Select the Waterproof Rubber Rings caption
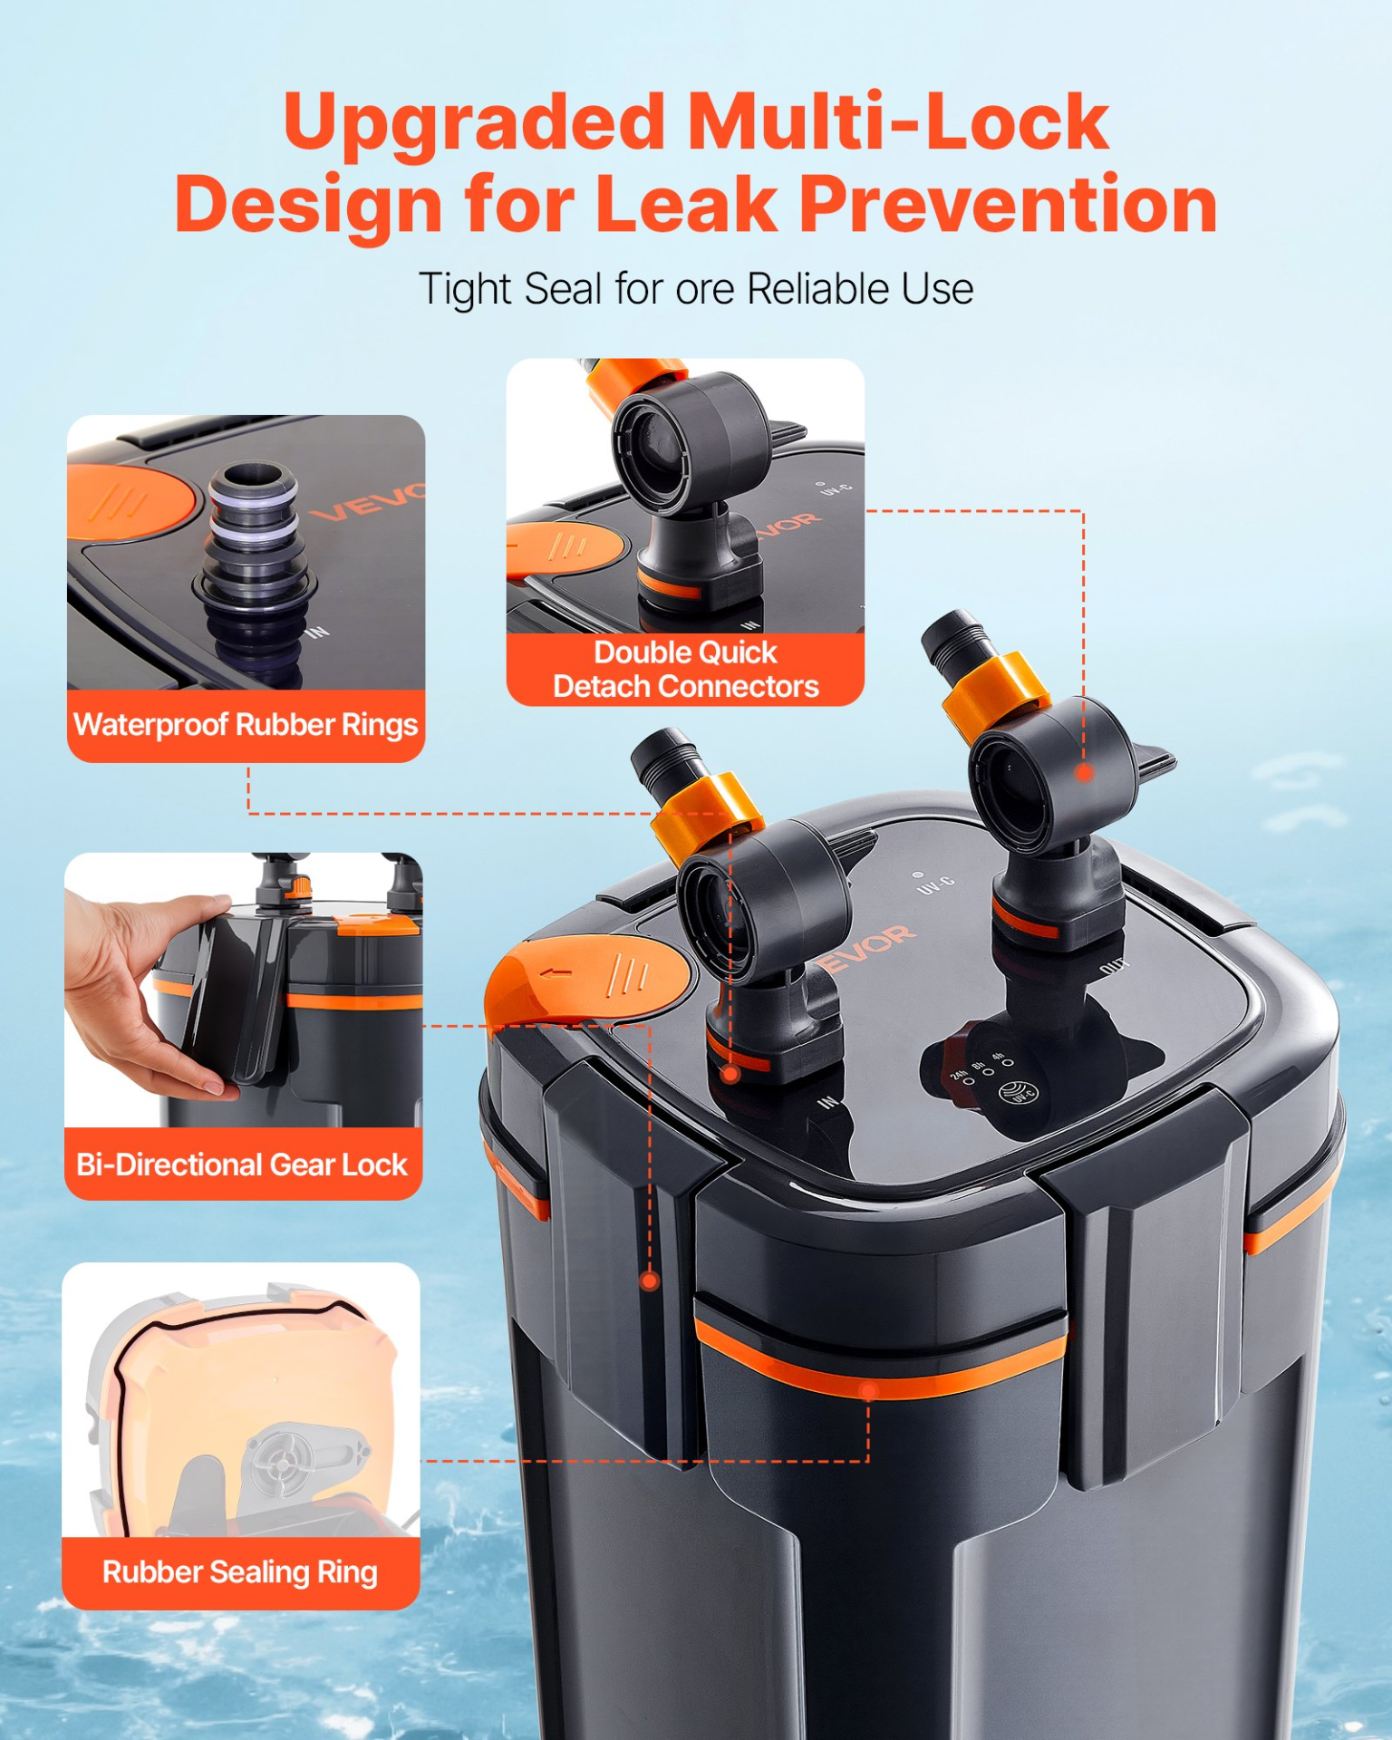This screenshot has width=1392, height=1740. click(x=246, y=725)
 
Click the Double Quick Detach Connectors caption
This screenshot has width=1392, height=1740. click(x=686, y=670)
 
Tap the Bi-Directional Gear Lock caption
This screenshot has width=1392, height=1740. click(x=242, y=1165)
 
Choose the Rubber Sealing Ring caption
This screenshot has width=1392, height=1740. click(x=240, y=1572)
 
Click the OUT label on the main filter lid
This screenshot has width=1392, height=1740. click(x=1113, y=966)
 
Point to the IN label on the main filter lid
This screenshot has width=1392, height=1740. click(x=827, y=1103)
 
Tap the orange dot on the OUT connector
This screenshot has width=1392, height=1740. click(x=1084, y=773)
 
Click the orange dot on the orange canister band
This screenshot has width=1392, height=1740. click(x=868, y=1391)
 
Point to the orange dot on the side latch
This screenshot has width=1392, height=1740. click(x=650, y=1281)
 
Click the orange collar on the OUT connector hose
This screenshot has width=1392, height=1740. click(x=995, y=694)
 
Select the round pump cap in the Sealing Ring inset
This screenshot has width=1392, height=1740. click(x=281, y=1459)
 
